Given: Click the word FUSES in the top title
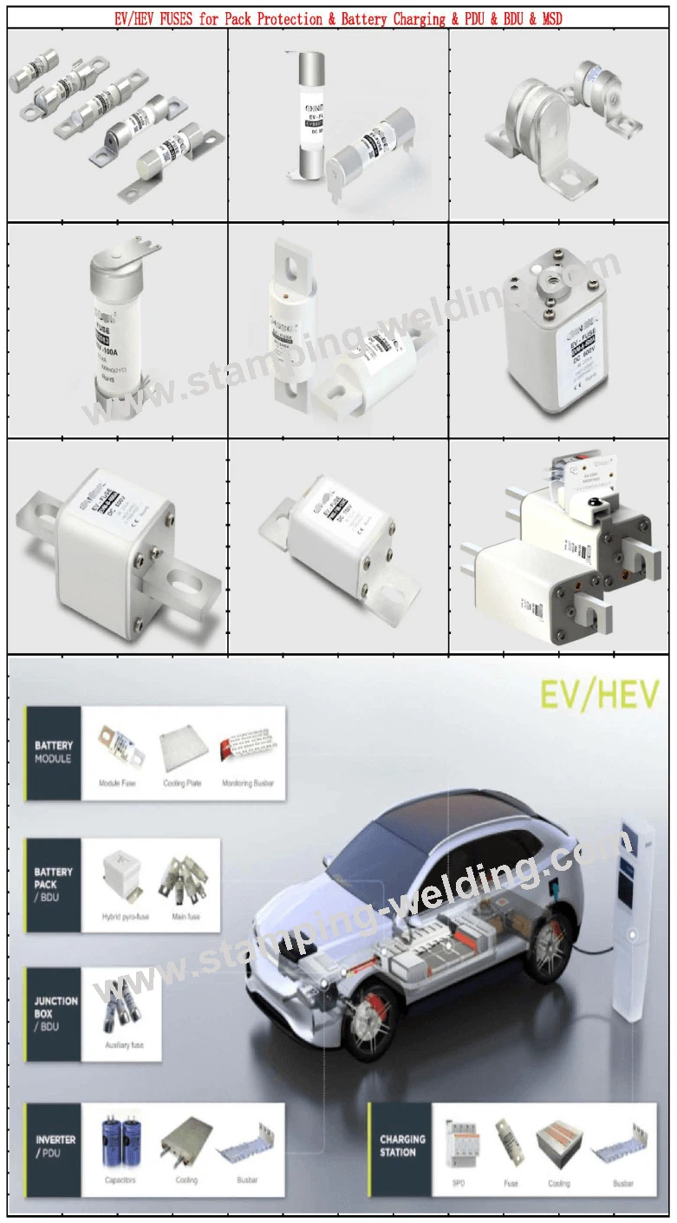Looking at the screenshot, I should pos(177,18).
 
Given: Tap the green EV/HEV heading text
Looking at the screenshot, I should pos(599,696).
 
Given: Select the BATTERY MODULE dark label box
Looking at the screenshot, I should pos(53,752).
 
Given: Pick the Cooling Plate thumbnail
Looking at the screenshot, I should pos(181,748).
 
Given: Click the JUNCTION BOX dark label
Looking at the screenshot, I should pos(55,1013).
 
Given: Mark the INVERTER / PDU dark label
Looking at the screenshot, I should pos(55,1145).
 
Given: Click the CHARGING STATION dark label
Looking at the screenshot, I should pos(401,1145).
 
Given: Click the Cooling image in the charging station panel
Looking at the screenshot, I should pos(558,1144).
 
